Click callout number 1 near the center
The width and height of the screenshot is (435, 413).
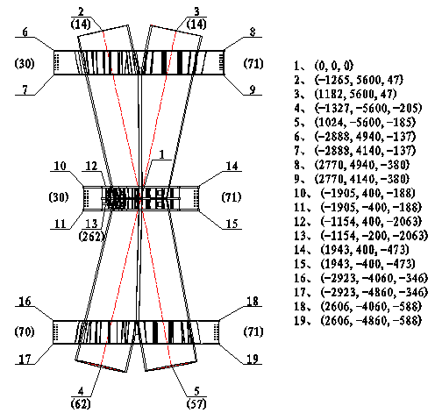pos(162,154)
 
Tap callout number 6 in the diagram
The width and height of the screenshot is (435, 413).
pos(25,32)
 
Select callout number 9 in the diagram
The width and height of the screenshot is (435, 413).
pos(253,89)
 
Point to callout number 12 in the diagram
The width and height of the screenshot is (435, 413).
pos(91,166)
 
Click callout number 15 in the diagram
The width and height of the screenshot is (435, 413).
pos(232,224)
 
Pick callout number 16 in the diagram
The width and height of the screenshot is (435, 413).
pos(25,301)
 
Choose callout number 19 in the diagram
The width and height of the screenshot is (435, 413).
pos(253,359)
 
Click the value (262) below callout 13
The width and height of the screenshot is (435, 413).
pos(91,236)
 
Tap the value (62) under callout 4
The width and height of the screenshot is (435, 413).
pos(81,403)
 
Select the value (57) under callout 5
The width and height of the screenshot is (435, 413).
pos(196,403)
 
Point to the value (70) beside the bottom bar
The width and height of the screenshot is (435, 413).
pos(25,332)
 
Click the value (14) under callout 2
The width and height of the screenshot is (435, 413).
pos(81,24)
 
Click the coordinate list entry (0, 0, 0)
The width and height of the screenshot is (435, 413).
pos(334,66)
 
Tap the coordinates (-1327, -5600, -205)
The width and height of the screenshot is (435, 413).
pos(368,108)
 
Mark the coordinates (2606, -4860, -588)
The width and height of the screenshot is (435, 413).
pos(371,321)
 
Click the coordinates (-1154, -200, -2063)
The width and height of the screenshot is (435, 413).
pos(374,236)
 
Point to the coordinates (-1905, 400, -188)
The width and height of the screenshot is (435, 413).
pos(367,193)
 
